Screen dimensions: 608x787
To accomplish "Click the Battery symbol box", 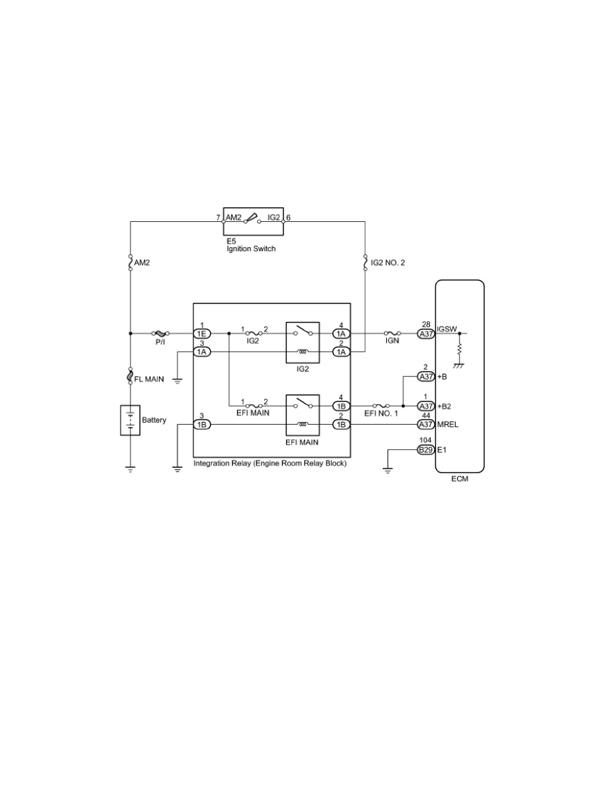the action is tap(130, 420).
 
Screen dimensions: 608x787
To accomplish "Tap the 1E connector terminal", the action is tap(202, 334).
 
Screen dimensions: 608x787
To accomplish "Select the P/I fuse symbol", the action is tap(160, 333).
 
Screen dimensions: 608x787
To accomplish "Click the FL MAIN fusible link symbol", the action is tap(130, 376).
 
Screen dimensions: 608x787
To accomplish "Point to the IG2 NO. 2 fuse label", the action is tap(387, 262).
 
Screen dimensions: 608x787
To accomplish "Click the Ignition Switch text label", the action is tap(251, 248).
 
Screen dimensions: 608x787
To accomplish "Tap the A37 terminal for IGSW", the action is tap(426, 334).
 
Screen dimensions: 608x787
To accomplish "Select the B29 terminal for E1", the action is tap(426, 450).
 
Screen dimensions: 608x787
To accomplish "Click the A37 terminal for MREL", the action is tap(426, 425).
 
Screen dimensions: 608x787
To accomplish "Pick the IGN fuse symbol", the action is tap(392, 333).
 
